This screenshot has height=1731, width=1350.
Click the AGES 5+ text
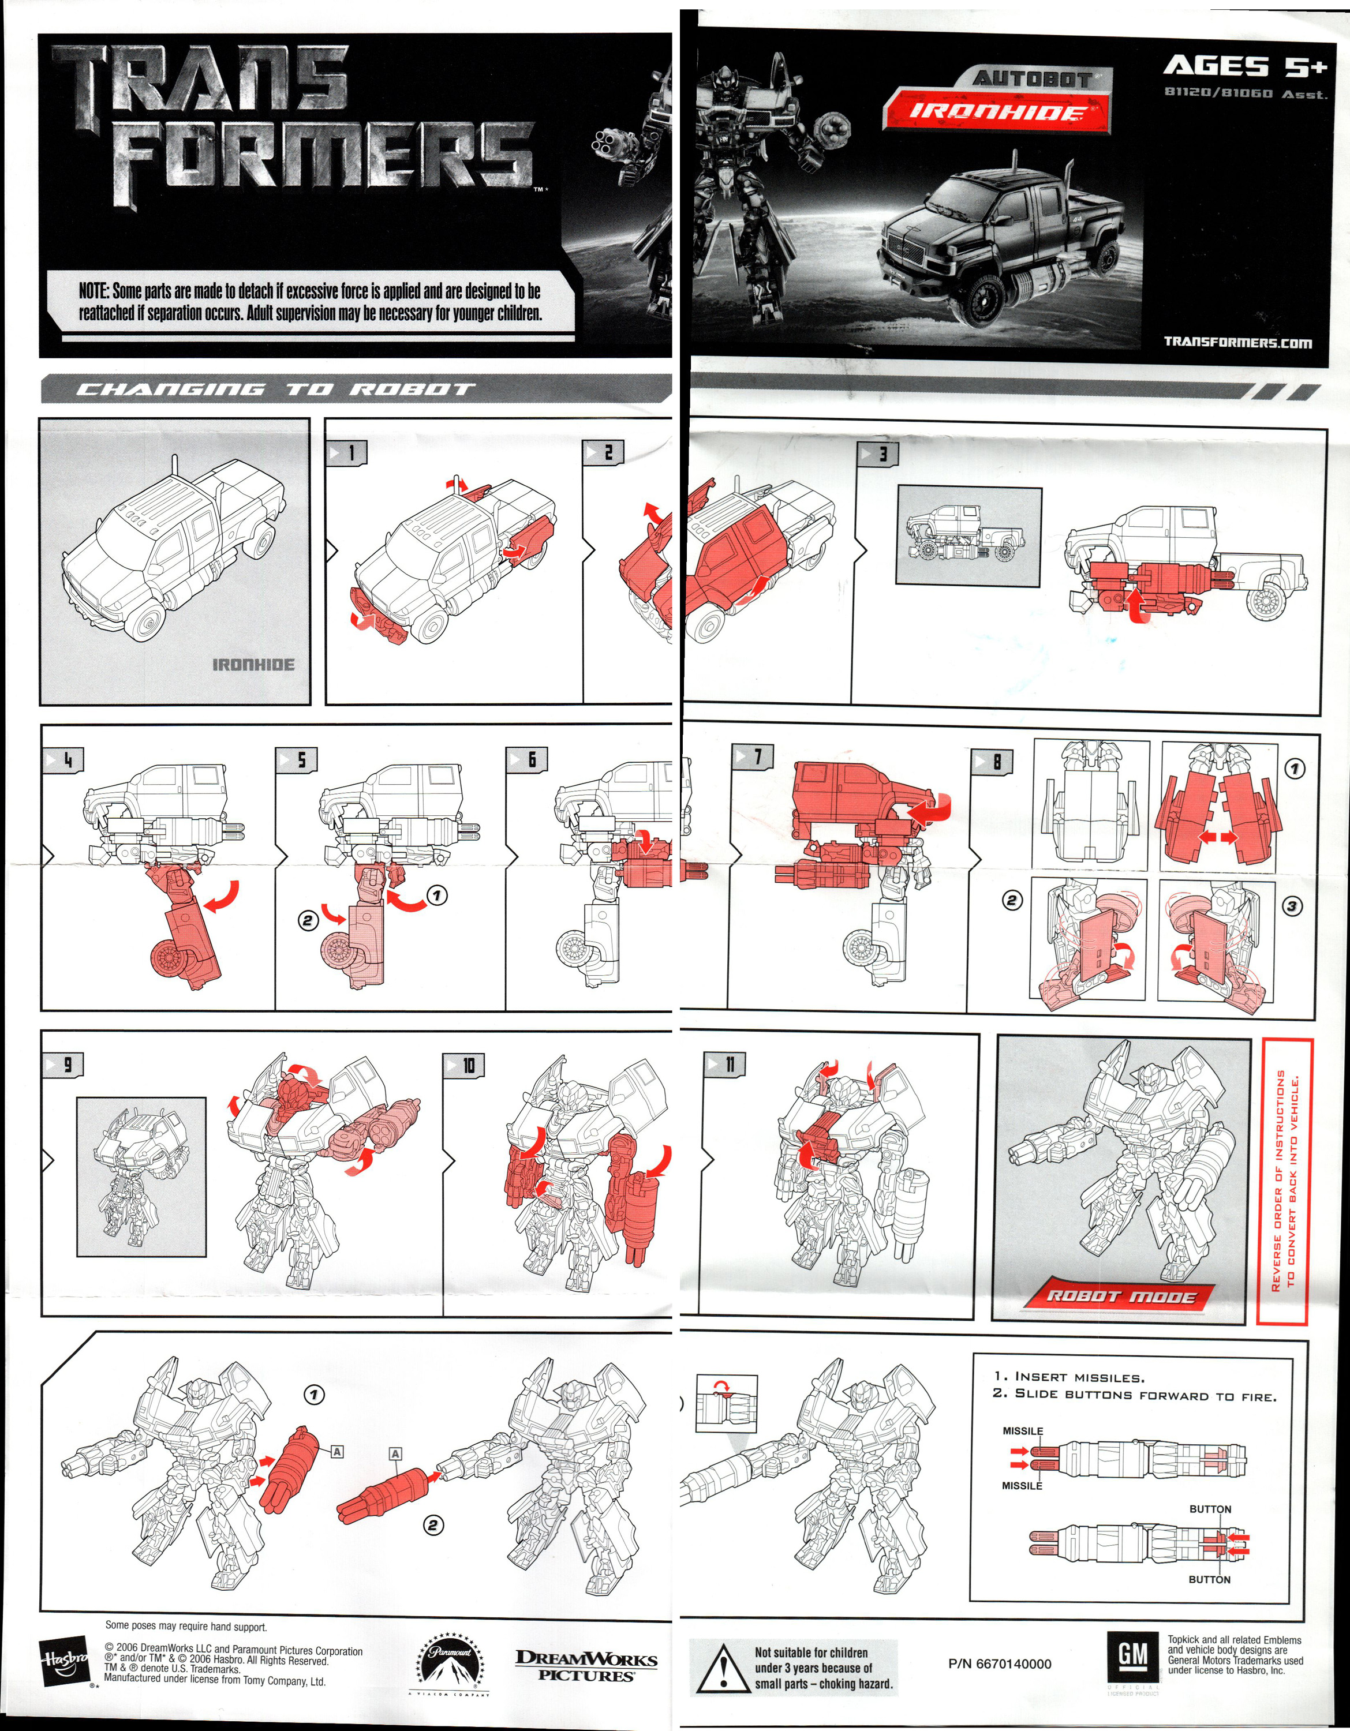tap(1244, 68)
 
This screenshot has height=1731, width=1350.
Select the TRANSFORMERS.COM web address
tap(1237, 342)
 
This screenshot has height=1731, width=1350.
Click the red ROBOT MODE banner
tap(1120, 1297)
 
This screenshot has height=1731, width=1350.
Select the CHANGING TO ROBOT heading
tap(274, 389)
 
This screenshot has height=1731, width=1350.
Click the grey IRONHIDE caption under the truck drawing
tap(253, 664)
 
